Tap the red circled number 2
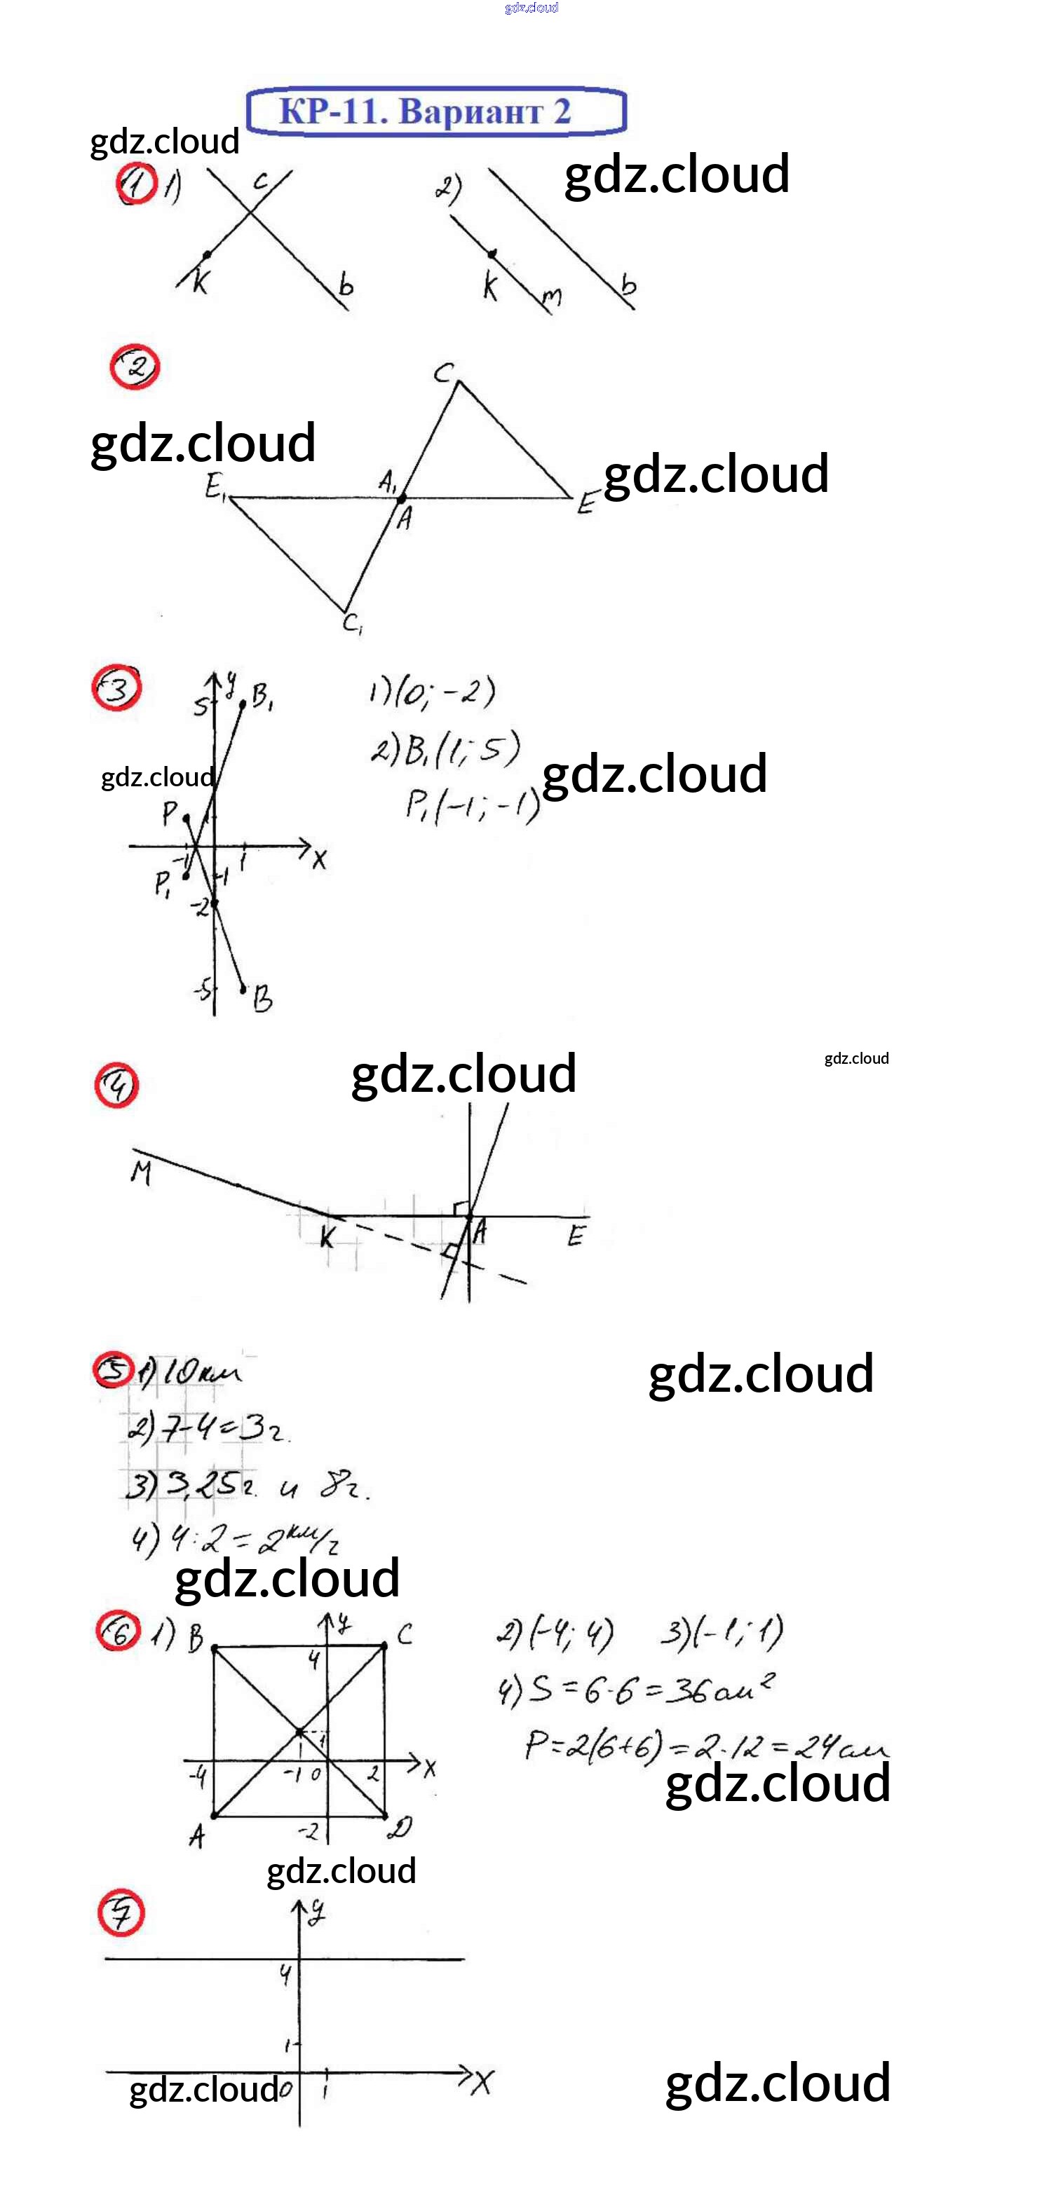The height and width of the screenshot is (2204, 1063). pos(135,367)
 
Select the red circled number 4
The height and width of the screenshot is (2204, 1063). pos(116,1086)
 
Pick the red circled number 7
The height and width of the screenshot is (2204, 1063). pos(121,1913)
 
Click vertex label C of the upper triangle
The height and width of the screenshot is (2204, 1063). pos(442,373)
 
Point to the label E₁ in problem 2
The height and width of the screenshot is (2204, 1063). pos(214,487)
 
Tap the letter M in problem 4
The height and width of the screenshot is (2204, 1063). pos(141,1172)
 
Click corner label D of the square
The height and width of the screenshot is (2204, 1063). pos(400,1828)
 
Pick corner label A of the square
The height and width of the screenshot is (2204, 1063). pos(197,1835)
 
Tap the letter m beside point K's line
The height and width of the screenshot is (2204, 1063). pos(552,297)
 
